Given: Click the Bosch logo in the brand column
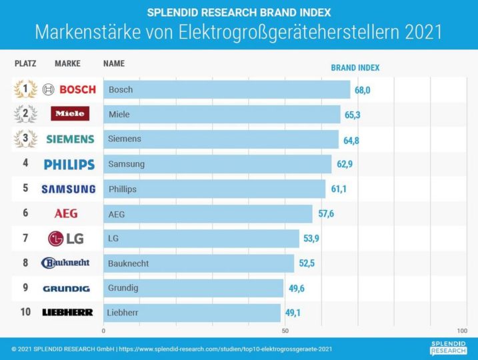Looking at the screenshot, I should pos(69,89).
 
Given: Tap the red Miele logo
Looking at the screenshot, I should pos(69,114).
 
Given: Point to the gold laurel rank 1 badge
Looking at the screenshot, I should pos(25,89).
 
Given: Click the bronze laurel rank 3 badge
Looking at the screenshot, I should pos(25,139).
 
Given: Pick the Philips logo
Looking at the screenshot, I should pos(69,164).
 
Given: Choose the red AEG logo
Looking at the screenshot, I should pos(66,213).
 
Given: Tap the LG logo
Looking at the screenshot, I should pos(67,238).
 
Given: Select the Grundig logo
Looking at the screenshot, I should pos(66,288).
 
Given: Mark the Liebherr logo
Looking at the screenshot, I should pos(67,312).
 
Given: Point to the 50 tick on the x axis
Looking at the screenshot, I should pos(285,331).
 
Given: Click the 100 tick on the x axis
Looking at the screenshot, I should pos(462,331).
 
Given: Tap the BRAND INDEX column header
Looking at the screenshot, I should pos(355,67).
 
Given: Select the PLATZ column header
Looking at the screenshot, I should pos(25,64).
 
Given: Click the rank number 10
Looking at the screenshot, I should pos(25,312).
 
